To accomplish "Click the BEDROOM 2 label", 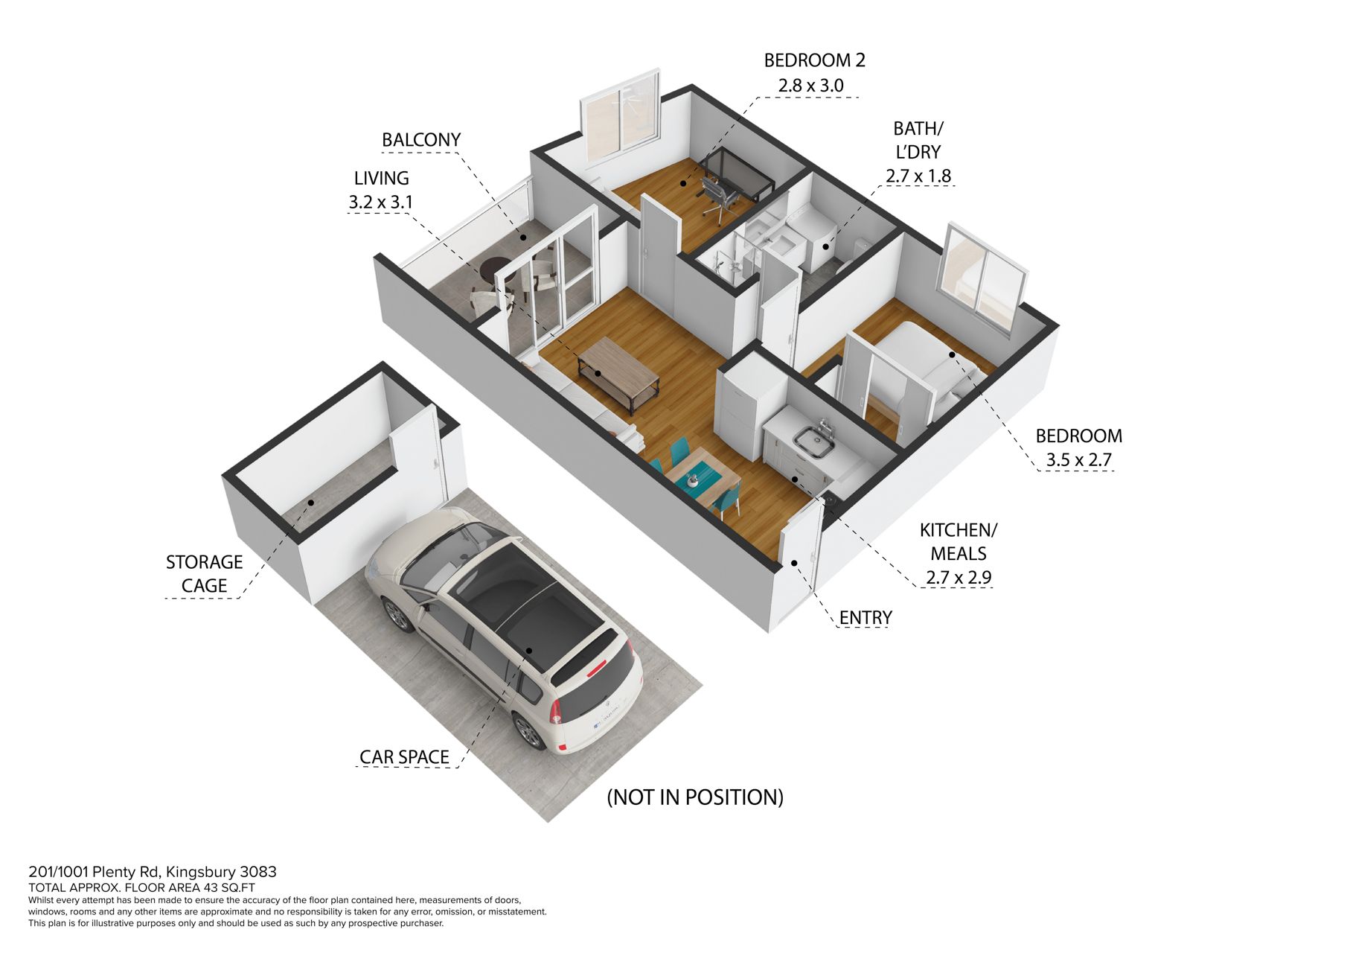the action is [814, 60].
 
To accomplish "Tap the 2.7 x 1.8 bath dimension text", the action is [918, 176].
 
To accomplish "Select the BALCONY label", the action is [421, 140].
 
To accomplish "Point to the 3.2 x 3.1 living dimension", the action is [380, 202].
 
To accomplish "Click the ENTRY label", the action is [865, 617].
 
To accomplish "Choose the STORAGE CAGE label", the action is [204, 573].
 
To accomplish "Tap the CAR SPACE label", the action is [404, 756].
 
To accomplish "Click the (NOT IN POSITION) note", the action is [695, 797].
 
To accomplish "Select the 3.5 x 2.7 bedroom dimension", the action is [1078, 459].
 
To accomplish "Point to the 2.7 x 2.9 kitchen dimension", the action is [959, 577].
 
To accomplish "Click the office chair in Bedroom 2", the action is [717, 197].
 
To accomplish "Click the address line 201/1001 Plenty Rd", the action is [152, 872].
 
